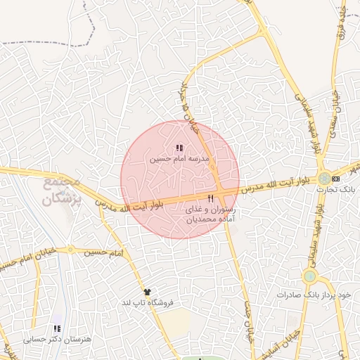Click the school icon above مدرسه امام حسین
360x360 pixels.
[x=179, y=148]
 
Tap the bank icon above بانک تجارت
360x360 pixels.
[x=335, y=179]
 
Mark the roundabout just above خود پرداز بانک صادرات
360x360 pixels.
[x=310, y=276]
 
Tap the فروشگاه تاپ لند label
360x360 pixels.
[x=147, y=302]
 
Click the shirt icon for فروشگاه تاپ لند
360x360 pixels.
[x=146, y=292]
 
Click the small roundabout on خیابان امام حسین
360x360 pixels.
[x=70, y=250]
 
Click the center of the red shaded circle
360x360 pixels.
[x=180, y=179]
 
